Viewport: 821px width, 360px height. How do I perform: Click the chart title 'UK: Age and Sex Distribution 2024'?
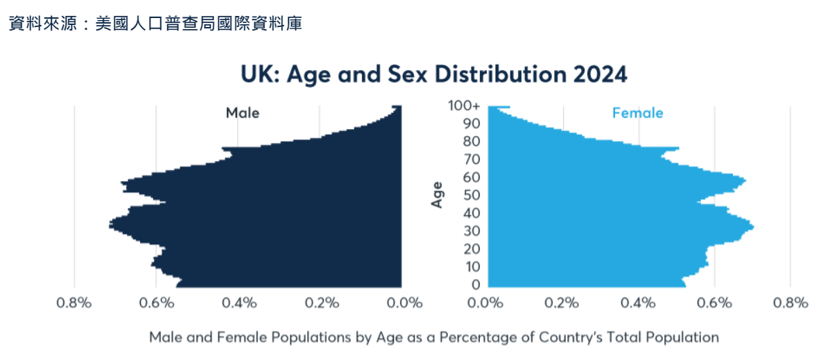click(x=434, y=74)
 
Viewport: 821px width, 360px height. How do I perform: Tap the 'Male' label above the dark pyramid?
click(x=242, y=112)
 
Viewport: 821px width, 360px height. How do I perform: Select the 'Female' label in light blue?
click(x=637, y=112)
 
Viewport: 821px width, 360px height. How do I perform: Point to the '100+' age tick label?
click(x=464, y=106)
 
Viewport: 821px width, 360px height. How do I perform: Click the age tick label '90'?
click(x=472, y=123)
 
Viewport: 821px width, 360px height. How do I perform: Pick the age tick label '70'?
click(x=472, y=160)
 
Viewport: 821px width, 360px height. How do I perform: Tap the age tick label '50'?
click(x=472, y=195)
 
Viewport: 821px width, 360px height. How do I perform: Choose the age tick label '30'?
click(x=472, y=231)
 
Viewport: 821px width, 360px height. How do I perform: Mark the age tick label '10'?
click(x=472, y=267)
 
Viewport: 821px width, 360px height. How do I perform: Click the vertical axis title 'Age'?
click(x=438, y=195)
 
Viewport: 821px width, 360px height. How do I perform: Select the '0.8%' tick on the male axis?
click(x=74, y=303)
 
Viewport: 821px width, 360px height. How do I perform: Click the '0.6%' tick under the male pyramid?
click(x=156, y=303)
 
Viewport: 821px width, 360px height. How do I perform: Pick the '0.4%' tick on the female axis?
click(x=638, y=303)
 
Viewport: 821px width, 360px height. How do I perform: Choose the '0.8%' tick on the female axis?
click(x=791, y=303)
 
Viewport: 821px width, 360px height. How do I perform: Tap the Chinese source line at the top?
click(x=155, y=24)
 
